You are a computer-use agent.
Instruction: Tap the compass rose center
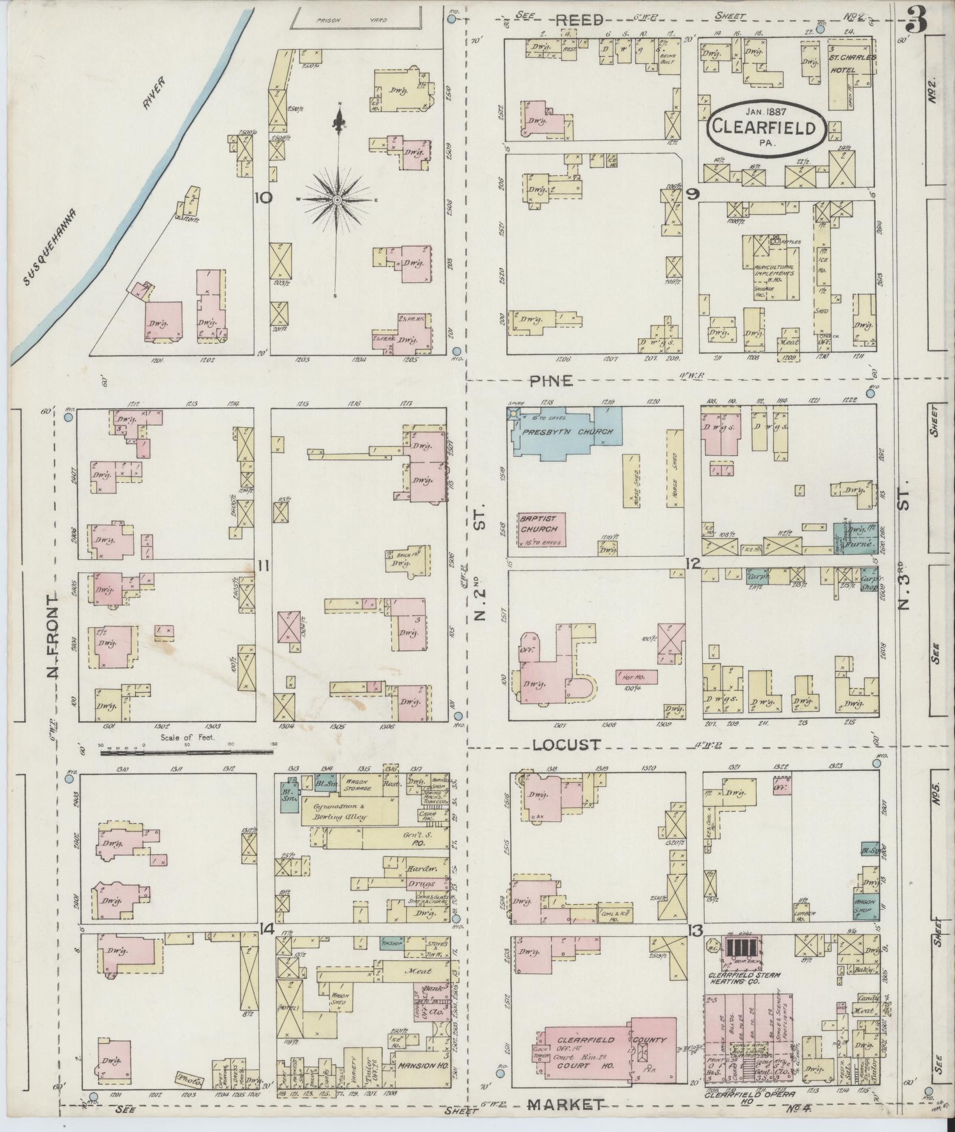337,199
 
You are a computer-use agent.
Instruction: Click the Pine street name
551,381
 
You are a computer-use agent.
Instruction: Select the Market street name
566,1104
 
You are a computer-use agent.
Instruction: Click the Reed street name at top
579,20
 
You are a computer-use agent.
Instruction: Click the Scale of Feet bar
187,752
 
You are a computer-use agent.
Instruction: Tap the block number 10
263,197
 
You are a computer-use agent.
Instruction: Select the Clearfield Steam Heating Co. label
744,978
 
